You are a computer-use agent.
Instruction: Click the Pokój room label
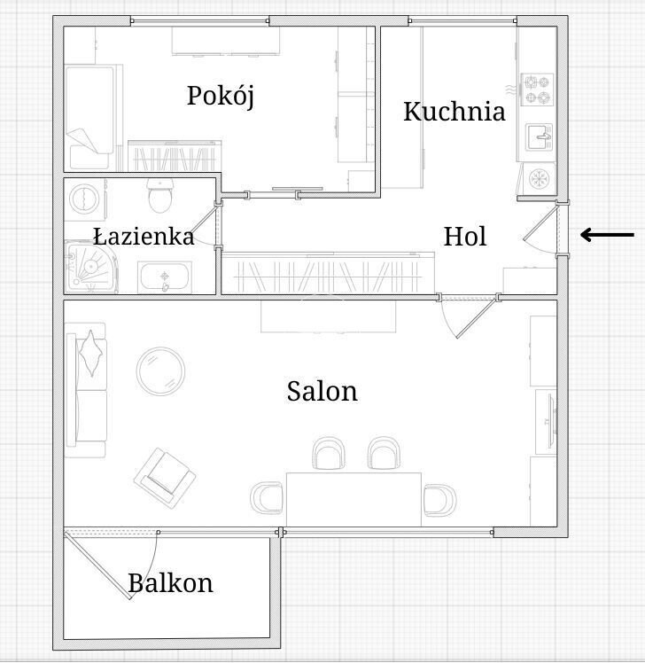pyautogui.click(x=221, y=97)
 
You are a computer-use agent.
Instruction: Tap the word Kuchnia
pyautogui.click(x=455, y=112)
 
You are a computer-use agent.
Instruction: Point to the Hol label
pyautogui.click(x=465, y=237)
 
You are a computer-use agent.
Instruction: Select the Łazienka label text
pyautogui.click(x=144, y=237)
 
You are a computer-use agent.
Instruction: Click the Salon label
pyautogui.click(x=322, y=391)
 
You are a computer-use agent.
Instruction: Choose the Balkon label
pyautogui.click(x=170, y=583)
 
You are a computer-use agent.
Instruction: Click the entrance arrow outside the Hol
pyautogui.click(x=608, y=235)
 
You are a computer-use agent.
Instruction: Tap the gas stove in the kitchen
pyautogui.click(x=537, y=90)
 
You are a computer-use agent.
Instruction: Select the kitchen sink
pyautogui.click(x=540, y=137)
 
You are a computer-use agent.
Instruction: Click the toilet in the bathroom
pyautogui.click(x=160, y=195)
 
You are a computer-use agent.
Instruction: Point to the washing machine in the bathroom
pyautogui.click(x=85, y=198)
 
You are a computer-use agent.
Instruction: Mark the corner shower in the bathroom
pyautogui.click(x=90, y=267)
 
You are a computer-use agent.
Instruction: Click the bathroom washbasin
pyautogui.click(x=165, y=277)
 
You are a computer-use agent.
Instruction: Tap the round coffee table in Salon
pyautogui.click(x=160, y=370)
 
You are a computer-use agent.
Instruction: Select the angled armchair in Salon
pyautogui.click(x=165, y=478)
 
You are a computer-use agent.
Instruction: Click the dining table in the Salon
pyautogui.click(x=354, y=499)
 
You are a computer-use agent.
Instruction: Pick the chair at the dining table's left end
pyautogui.click(x=267, y=497)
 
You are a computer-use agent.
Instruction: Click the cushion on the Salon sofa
pyautogui.click(x=91, y=353)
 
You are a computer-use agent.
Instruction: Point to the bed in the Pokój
pyautogui.click(x=90, y=117)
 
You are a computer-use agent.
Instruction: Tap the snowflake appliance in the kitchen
pyautogui.click(x=539, y=178)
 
